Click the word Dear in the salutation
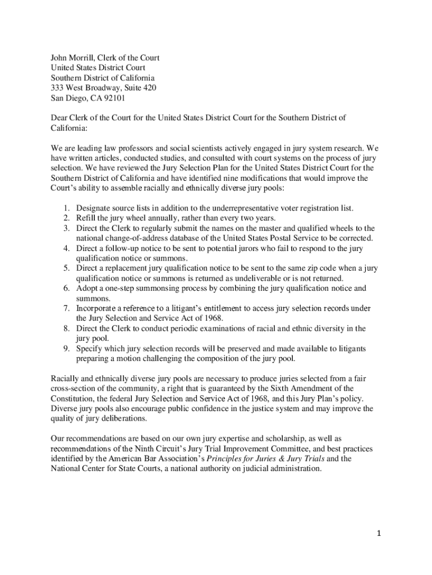pos(61,118)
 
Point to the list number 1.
pos(66,208)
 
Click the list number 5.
pos(66,268)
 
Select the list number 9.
pos(66,349)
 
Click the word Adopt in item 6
pos(87,289)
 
